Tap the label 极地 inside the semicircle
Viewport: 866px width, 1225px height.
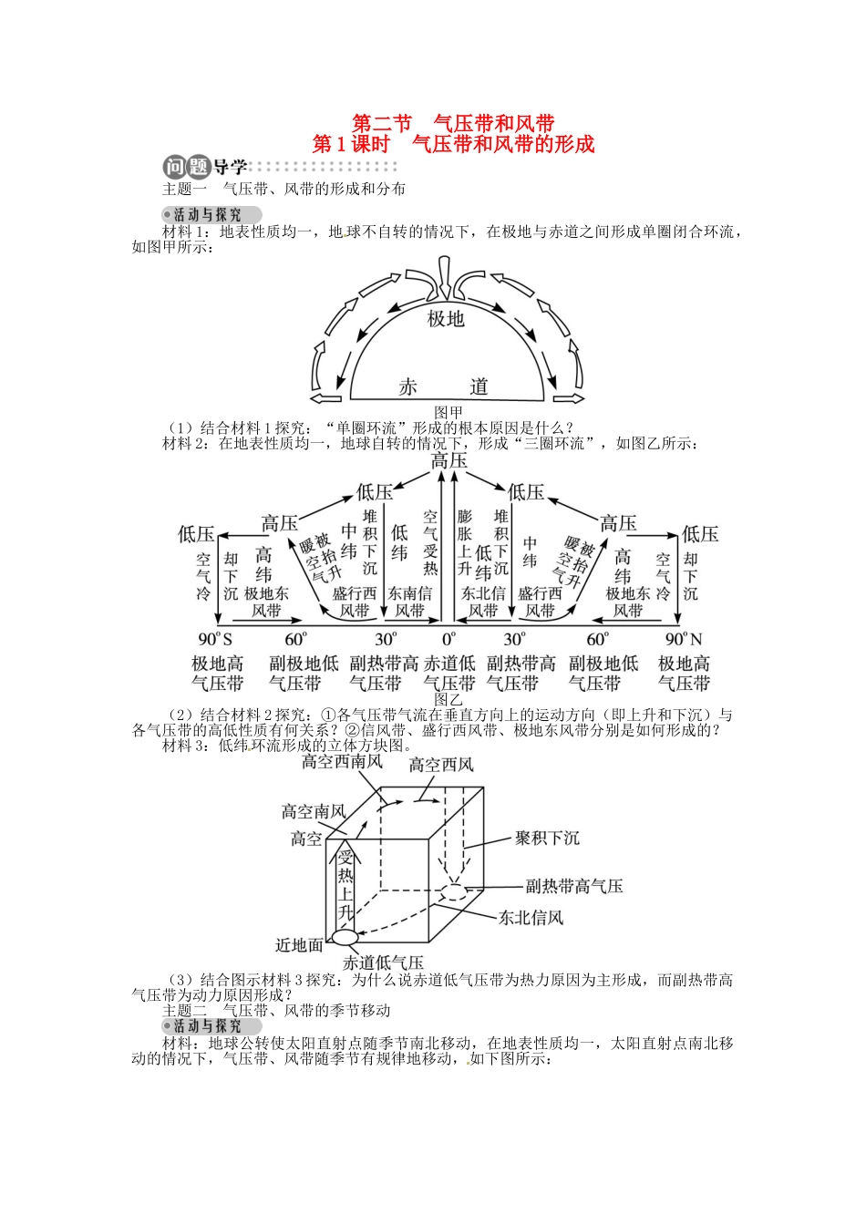point(446,318)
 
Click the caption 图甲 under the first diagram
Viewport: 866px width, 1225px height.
point(448,413)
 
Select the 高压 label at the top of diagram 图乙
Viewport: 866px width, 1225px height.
point(448,461)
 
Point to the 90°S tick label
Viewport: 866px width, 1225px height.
point(215,639)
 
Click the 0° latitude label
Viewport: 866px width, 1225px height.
point(448,639)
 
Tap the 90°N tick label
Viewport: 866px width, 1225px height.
point(684,639)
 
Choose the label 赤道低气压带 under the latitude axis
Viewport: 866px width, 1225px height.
point(448,674)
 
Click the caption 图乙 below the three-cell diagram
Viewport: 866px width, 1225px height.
point(448,699)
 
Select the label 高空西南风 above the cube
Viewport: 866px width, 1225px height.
point(342,762)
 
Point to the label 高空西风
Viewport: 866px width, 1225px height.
point(441,765)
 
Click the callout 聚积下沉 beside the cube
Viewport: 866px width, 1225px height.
point(547,838)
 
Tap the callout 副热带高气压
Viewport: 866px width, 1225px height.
point(574,886)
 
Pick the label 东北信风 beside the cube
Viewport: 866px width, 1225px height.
point(531,918)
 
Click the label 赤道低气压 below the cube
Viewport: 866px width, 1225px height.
point(383,962)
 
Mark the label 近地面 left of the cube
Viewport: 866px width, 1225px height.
point(299,945)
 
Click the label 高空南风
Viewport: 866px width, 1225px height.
point(313,811)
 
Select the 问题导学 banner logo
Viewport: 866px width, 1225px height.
point(205,167)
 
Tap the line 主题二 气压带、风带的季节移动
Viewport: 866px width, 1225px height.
point(276,1010)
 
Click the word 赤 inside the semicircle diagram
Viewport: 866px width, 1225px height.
point(407,386)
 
